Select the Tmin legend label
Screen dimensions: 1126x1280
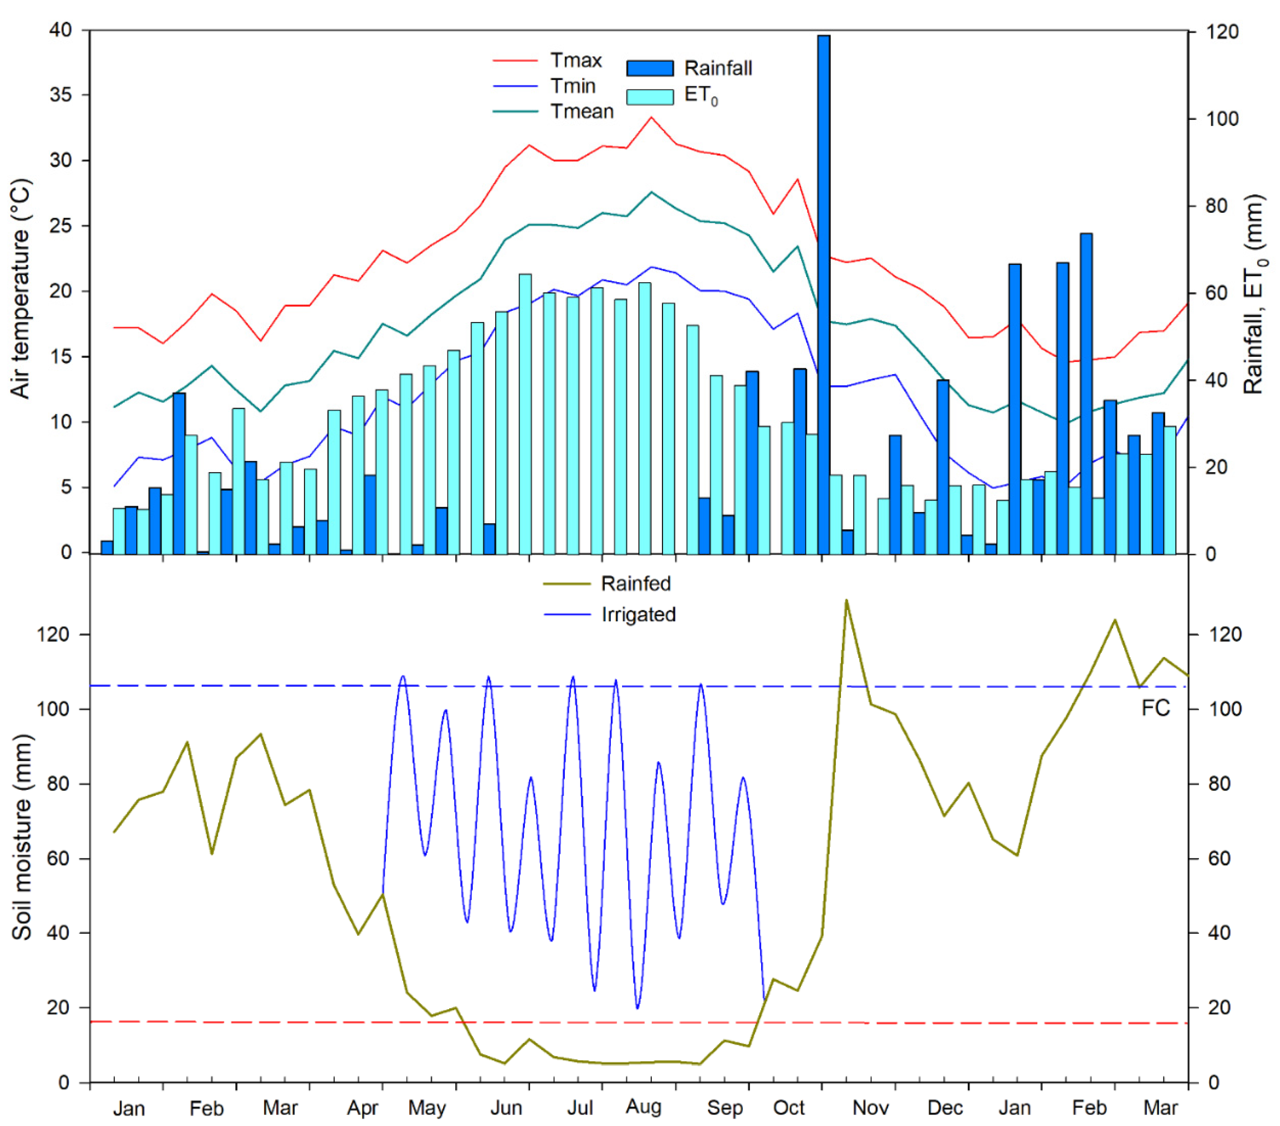[x=572, y=86]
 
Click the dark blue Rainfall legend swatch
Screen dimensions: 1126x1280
[x=650, y=68]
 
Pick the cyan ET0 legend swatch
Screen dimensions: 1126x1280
[x=650, y=96]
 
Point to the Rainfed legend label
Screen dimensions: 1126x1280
[x=636, y=584]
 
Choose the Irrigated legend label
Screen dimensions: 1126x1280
[x=639, y=614]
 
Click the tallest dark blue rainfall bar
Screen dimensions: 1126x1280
[x=824, y=294]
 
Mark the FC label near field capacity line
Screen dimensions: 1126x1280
[x=1155, y=708]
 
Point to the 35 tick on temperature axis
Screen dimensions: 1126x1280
[x=61, y=95]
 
